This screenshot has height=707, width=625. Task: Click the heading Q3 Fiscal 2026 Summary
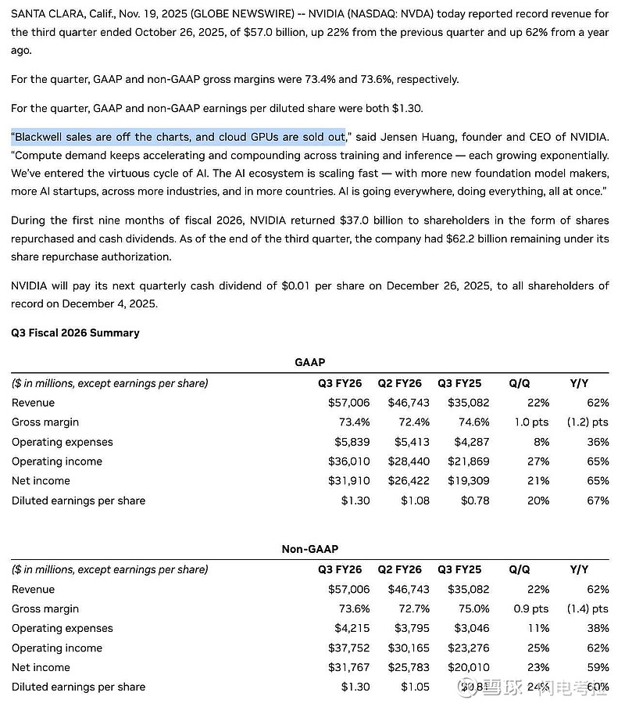coord(75,332)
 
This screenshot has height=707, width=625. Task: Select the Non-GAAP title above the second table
coord(309,550)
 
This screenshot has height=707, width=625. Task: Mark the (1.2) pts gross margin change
coord(588,422)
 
